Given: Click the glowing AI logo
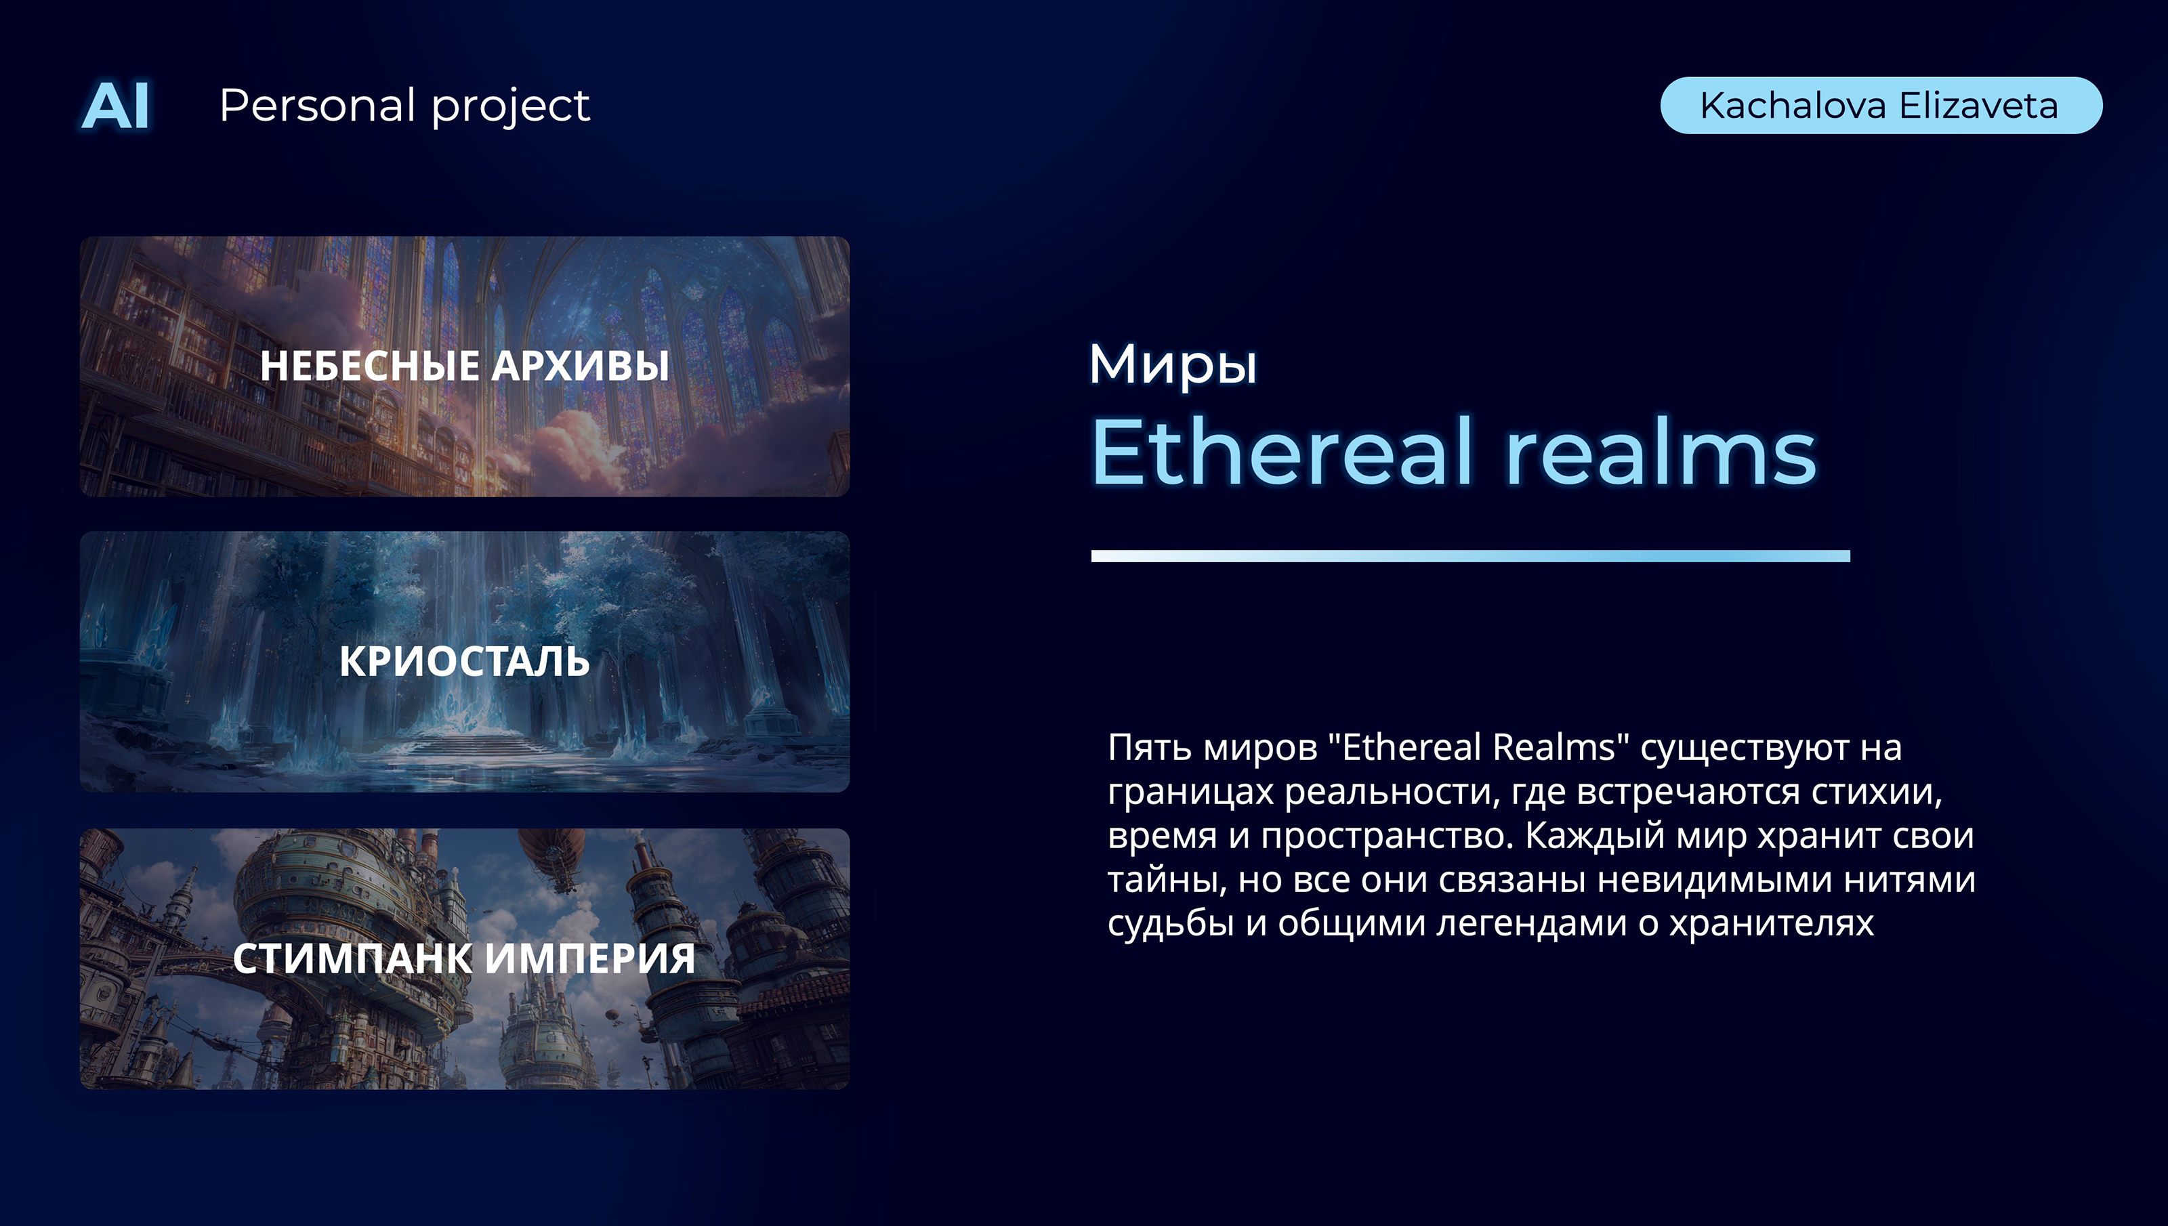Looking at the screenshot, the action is [x=115, y=106].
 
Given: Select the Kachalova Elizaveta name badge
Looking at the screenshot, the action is [x=1881, y=105].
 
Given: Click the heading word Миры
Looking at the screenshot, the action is [x=1173, y=364].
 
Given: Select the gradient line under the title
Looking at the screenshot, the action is [x=1470, y=555].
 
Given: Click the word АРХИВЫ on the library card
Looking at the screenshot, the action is [x=580, y=366].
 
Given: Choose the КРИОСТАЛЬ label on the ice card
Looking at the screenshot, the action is [x=465, y=661].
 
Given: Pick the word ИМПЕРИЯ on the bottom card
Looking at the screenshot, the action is [x=591, y=958].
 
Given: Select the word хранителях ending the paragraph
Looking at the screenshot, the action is [x=1772, y=924].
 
